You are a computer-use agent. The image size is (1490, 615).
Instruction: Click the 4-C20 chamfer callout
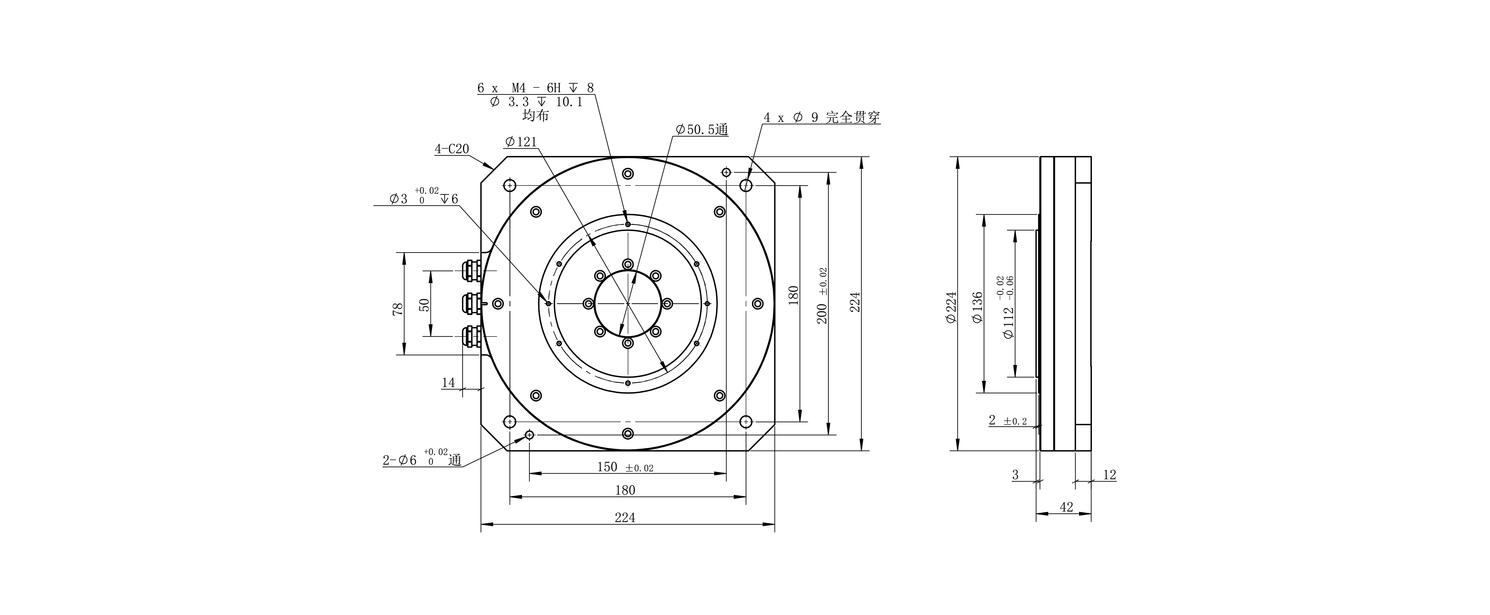coord(452,149)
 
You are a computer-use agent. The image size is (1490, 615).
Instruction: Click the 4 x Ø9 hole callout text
coord(821,118)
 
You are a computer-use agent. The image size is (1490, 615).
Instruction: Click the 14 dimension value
coord(448,382)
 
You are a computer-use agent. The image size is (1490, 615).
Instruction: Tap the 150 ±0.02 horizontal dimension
coord(625,467)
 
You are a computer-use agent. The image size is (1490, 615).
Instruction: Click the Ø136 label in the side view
coord(977,307)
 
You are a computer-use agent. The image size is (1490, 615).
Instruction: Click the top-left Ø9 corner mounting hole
coord(510,185)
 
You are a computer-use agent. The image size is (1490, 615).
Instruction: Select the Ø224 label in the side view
coord(951,307)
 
